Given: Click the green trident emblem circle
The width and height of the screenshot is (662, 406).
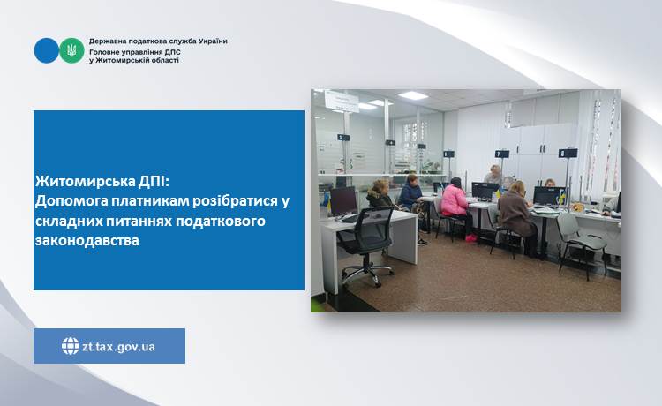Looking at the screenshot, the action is [x=71, y=50].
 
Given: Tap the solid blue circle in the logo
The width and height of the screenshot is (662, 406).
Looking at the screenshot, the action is [x=47, y=50].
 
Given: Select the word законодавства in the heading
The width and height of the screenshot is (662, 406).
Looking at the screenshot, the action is [x=87, y=241].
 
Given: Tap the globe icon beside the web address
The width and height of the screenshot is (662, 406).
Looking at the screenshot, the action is [x=71, y=346].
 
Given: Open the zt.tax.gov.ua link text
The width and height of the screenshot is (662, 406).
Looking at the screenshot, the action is [x=118, y=347].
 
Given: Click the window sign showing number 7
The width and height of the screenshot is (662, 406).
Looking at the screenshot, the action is [x=502, y=154].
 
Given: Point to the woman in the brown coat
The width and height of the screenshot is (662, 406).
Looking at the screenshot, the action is [x=516, y=215].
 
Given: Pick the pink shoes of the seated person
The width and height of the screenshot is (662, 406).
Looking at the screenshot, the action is [x=470, y=238].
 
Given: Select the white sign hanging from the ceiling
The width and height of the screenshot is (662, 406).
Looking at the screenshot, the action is [x=342, y=101].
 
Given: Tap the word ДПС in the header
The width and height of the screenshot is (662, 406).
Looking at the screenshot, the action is [x=172, y=52].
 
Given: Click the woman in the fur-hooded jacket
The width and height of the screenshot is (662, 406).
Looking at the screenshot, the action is [x=380, y=195].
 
